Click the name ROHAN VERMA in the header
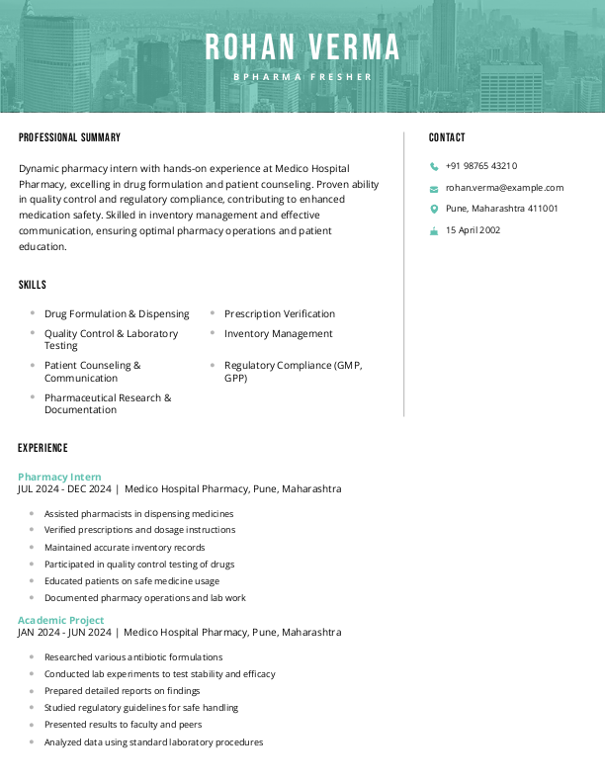coord(302,46)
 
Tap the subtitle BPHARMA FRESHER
coord(302,76)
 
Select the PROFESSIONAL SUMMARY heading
coord(69,137)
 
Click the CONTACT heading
coord(447,137)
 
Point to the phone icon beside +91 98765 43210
coord(434,167)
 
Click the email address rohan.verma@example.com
coord(504,187)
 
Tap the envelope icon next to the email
coord(434,188)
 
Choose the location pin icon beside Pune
coord(434,209)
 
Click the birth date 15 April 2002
coord(473,230)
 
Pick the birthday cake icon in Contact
coord(434,230)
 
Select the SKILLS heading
coord(33,285)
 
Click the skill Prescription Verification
coord(280,313)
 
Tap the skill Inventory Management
coord(279,333)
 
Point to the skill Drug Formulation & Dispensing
coord(117,313)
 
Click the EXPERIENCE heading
coord(43,448)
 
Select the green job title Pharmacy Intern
coord(59,477)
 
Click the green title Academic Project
coord(60,620)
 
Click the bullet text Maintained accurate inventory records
coord(125,547)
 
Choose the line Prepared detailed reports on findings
coord(122,690)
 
